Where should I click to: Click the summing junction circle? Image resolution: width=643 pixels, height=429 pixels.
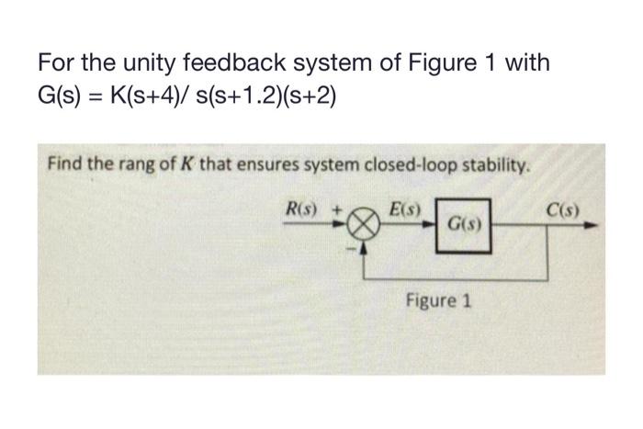tap(365, 222)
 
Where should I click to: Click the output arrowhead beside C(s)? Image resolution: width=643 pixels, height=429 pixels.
tap(596, 222)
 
